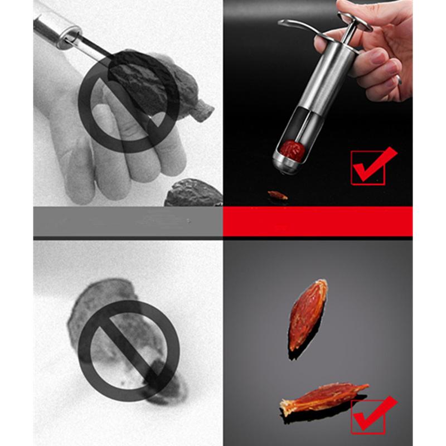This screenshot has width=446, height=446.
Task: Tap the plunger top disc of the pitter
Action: pyautogui.click(x=355, y=23)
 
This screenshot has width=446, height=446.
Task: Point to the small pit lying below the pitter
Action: pyautogui.click(x=277, y=195)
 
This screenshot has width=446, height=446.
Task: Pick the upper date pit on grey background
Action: pyautogui.click(x=308, y=314)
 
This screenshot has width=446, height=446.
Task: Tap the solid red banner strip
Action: pyautogui.click(x=318, y=221)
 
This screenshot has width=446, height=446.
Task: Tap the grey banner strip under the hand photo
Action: pyautogui.click(x=128, y=221)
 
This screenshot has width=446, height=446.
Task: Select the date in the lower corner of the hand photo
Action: pyautogui.click(x=192, y=193)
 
